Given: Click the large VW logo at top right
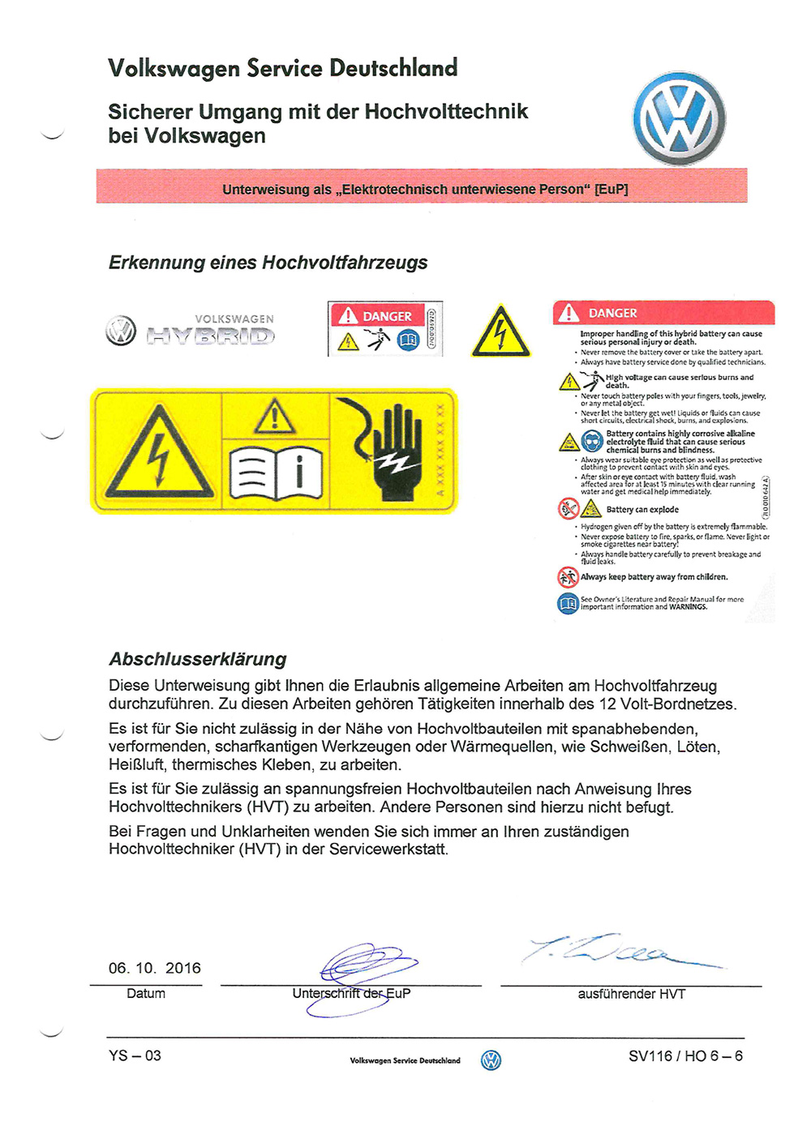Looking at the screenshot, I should pos(679,120).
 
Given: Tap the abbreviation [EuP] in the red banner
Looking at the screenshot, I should pos(611,190).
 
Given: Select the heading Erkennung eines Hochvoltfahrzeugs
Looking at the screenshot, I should pos(268,263).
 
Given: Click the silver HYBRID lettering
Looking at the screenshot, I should pos(211,335).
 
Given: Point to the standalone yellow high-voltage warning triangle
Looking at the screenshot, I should pos(500,332).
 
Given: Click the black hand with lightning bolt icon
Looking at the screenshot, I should pos(392,450).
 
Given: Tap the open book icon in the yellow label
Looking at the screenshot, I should pos(276,473).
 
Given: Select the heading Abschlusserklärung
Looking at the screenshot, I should pos(198,659).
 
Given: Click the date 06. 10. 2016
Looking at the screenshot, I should pos(155,968).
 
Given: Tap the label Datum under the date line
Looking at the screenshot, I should pos(146,994).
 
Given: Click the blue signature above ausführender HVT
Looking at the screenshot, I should pos(616,953).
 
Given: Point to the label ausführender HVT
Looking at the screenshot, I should pos(631,994).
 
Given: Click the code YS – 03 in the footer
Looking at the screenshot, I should pos(135,1055).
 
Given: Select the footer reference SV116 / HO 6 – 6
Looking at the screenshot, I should pos(685,1055).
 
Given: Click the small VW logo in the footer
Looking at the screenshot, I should pos(491,1060).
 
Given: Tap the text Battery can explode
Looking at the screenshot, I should pos(642,510).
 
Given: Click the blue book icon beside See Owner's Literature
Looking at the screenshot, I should pos(568,603).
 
